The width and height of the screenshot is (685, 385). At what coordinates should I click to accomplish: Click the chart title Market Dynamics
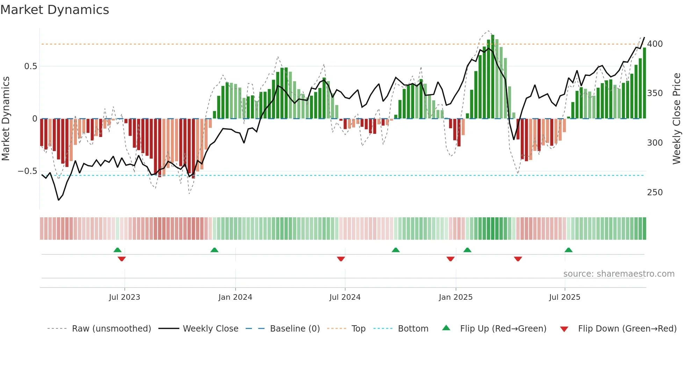point(55,10)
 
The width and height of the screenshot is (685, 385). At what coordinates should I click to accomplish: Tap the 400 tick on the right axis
point(655,44)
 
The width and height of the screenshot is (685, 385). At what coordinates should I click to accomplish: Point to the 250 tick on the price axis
point(655,192)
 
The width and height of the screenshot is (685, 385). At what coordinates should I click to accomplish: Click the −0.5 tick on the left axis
point(28,171)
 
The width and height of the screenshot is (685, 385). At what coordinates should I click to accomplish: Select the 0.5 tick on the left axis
point(31,66)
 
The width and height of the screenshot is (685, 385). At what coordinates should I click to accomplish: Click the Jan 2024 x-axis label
point(235,297)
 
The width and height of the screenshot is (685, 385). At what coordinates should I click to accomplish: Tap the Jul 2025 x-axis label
point(564,297)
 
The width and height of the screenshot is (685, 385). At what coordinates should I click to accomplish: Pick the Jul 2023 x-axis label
point(124,297)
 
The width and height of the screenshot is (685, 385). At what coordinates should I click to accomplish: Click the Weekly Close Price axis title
point(677,119)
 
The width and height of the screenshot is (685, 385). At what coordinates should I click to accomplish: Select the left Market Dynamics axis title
point(6,119)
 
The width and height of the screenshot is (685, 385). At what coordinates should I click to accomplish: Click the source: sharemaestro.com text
point(619,274)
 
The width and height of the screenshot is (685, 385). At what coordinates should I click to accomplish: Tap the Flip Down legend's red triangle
point(564,329)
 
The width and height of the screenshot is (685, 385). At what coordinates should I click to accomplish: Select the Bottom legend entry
point(413,329)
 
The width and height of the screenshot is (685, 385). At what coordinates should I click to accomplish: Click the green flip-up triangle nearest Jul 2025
point(568,250)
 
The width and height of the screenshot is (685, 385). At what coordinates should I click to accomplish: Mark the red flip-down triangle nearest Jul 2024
point(341,259)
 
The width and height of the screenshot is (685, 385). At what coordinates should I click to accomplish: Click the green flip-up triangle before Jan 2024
point(214,250)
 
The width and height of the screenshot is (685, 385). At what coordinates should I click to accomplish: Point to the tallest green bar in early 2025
point(492,77)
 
